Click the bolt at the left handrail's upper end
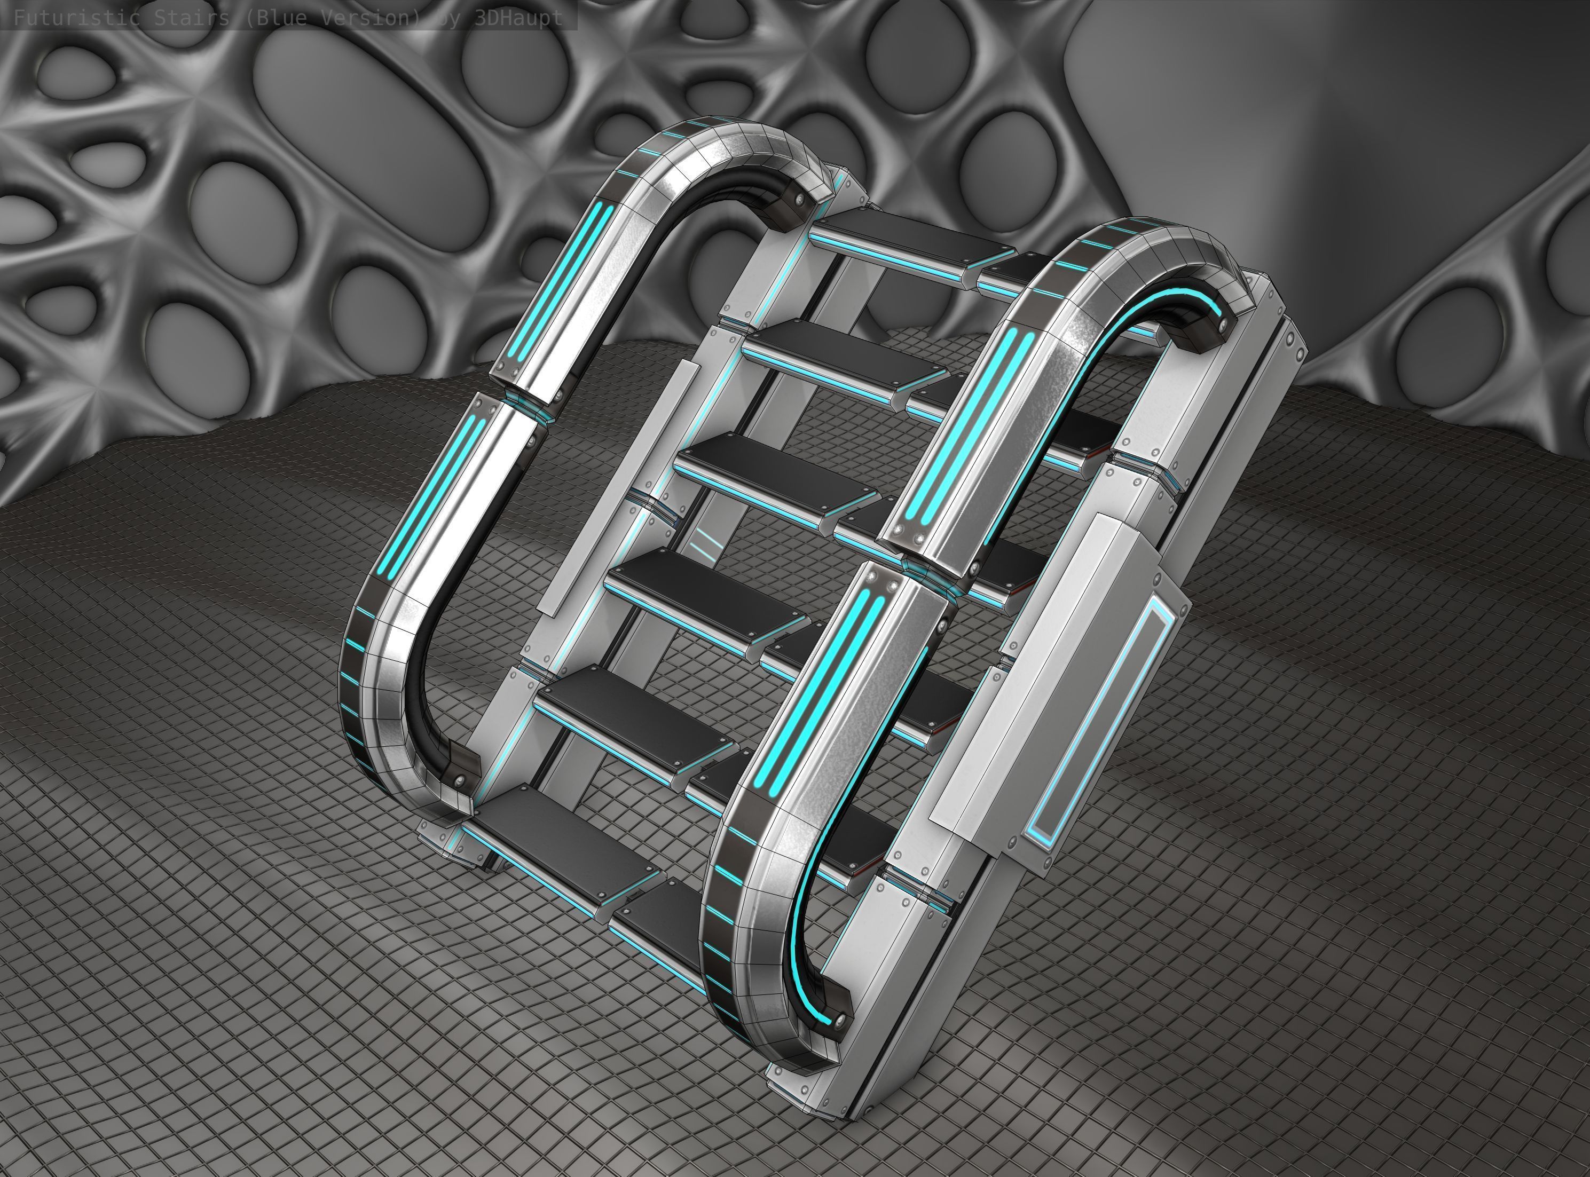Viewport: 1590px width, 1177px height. click(x=802, y=199)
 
